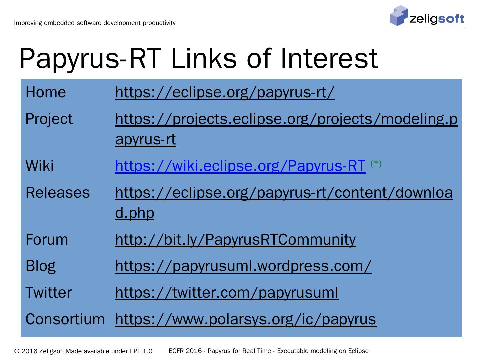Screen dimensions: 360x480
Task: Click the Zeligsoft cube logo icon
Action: (x=399, y=16)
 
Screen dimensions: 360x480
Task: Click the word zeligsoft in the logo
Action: (x=437, y=18)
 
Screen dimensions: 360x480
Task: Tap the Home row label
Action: (x=46, y=92)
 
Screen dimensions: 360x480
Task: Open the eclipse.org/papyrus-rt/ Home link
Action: (x=225, y=92)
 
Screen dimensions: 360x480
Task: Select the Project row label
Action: (x=49, y=119)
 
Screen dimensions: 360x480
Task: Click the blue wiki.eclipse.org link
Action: (x=240, y=166)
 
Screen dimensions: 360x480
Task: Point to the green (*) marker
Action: (x=376, y=163)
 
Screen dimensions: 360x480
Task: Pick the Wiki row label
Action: (x=40, y=166)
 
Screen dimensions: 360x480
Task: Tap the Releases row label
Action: (x=58, y=193)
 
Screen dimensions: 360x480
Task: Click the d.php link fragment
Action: (x=135, y=213)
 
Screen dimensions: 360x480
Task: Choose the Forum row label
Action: (x=47, y=240)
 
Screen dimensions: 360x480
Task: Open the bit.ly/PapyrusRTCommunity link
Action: (x=235, y=240)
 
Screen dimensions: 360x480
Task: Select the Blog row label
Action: (x=41, y=266)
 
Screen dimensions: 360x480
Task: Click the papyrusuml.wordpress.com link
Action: (x=243, y=266)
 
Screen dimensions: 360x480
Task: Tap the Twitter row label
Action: (x=49, y=293)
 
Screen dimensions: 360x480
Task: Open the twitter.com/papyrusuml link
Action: (x=227, y=293)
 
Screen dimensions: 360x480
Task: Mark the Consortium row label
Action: (x=65, y=319)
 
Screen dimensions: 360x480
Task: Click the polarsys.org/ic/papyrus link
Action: (x=246, y=319)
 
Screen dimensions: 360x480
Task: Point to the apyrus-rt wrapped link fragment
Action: (x=145, y=139)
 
